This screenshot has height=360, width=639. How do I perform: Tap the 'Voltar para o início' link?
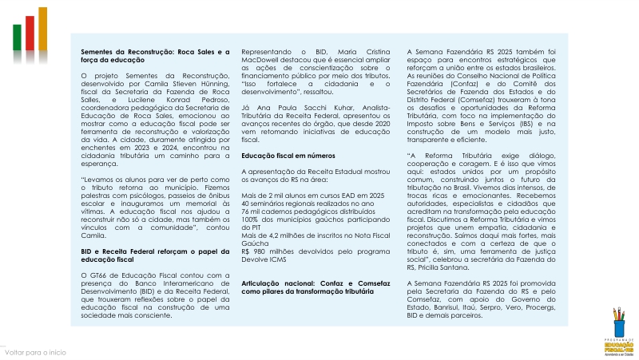[x=35, y=352]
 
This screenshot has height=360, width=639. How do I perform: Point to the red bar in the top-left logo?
[x=30, y=32]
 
